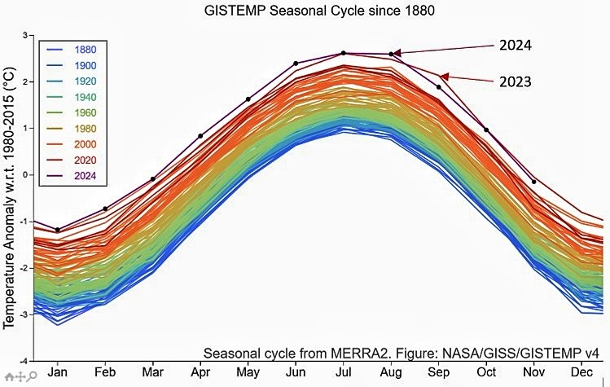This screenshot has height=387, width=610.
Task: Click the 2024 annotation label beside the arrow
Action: coord(516,46)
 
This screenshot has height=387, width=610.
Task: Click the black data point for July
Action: coord(343,53)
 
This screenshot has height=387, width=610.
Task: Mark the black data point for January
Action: coord(58,230)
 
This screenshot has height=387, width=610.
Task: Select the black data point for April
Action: coord(200,136)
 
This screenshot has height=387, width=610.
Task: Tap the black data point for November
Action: coord(533,182)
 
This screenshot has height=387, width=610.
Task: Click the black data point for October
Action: coord(486,130)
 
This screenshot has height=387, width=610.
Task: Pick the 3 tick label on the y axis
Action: coord(28,36)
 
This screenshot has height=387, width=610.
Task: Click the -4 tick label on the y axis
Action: coord(26,360)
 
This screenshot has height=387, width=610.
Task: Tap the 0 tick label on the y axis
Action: coord(28,175)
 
